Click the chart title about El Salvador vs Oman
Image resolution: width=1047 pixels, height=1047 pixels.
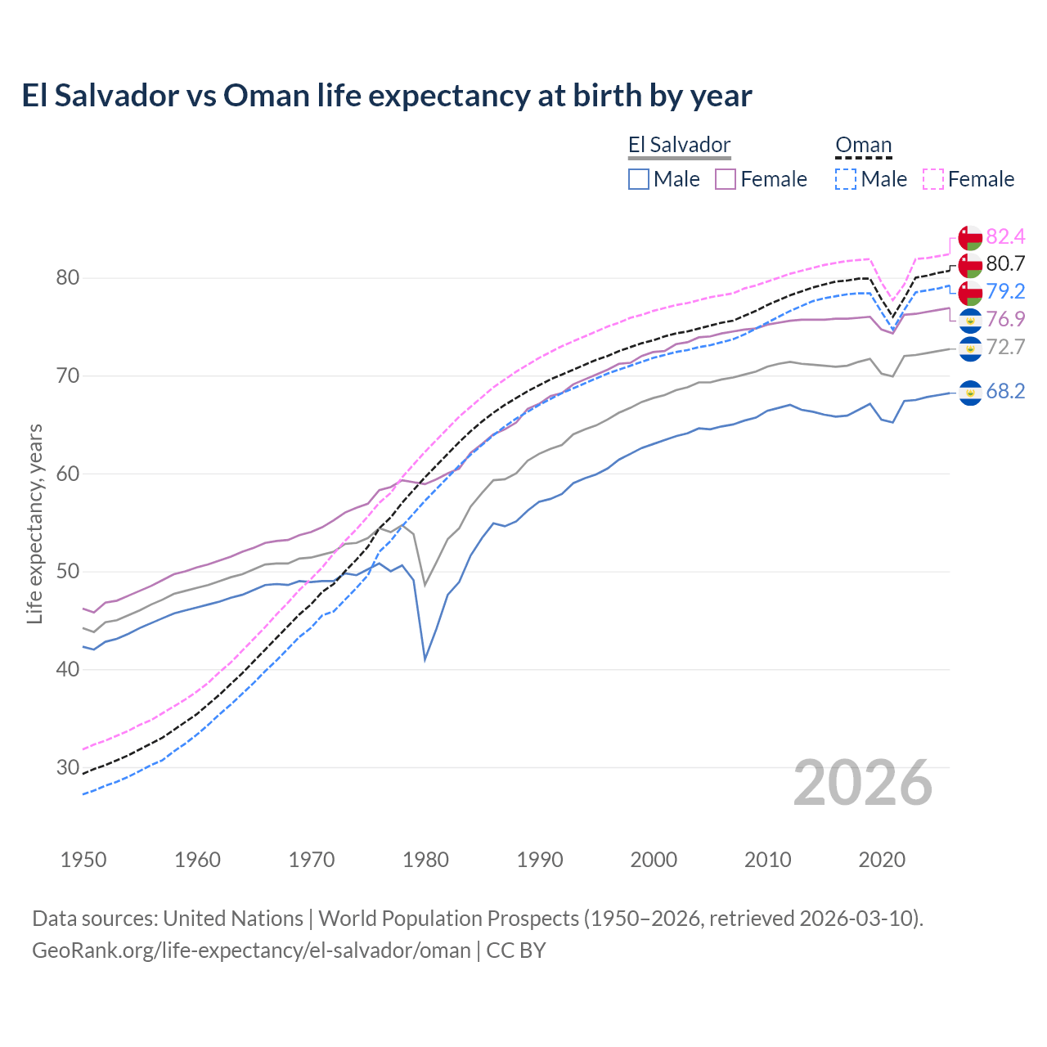pyautogui.click(x=386, y=96)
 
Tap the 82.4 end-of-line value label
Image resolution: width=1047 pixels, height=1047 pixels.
pyautogui.click(x=1005, y=237)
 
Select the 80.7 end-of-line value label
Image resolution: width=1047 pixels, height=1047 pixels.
pyautogui.click(x=1005, y=264)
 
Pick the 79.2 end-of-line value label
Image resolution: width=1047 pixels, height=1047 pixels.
pyautogui.click(x=1005, y=292)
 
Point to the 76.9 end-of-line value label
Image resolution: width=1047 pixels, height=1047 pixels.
pyautogui.click(x=1005, y=320)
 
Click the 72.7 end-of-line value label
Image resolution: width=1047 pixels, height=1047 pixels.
pyautogui.click(x=1005, y=348)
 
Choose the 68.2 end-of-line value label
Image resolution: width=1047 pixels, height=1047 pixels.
pyautogui.click(x=1005, y=392)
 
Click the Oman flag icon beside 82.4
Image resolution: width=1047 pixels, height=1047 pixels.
pyautogui.click(x=970, y=237)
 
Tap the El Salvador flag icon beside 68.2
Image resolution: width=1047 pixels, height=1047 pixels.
pyautogui.click(x=970, y=393)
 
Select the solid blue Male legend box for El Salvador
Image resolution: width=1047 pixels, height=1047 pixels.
pyautogui.click(x=639, y=179)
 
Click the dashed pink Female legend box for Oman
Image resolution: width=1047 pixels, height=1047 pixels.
pyautogui.click(x=933, y=179)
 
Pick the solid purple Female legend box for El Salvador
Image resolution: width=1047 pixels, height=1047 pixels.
pyautogui.click(x=726, y=179)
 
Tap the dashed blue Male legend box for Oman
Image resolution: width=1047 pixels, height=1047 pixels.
pyautogui.click(x=846, y=179)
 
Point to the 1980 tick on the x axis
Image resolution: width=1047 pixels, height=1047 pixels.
pyautogui.click(x=425, y=861)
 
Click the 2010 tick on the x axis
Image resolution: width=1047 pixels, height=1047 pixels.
pyautogui.click(x=767, y=861)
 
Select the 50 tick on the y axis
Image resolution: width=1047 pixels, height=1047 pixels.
pyautogui.click(x=67, y=572)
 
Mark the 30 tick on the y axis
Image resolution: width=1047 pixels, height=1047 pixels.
pyautogui.click(x=67, y=767)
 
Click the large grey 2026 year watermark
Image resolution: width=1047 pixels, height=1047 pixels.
pyautogui.click(x=862, y=784)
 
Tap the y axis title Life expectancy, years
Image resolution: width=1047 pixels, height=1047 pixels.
pyautogui.click(x=34, y=523)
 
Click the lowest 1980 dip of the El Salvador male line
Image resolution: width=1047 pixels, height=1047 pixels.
pyautogui.click(x=425, y=659)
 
